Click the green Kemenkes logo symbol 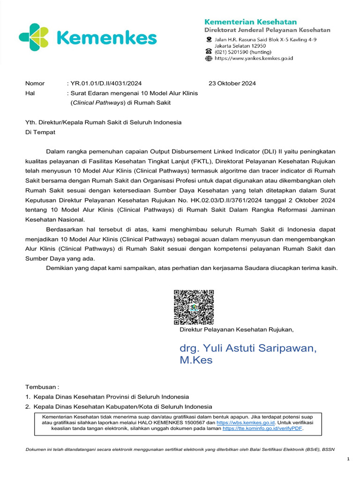[x=34, y=37]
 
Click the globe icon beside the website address [x=209, y=59]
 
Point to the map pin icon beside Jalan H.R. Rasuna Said [x=209, y=40]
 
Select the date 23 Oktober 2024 [x=232, y=83]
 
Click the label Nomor [x=35, y=83]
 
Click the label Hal [x=30, y=93]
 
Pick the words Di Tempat [x=40, y=132]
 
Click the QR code [x=194, y=307]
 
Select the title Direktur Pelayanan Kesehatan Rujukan [x=236, y=330]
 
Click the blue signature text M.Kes [x=196, y=360]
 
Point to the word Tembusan [x=41, y=387]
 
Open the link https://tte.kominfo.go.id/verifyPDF [x=262, y=428]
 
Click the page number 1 [x=348, y=459]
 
